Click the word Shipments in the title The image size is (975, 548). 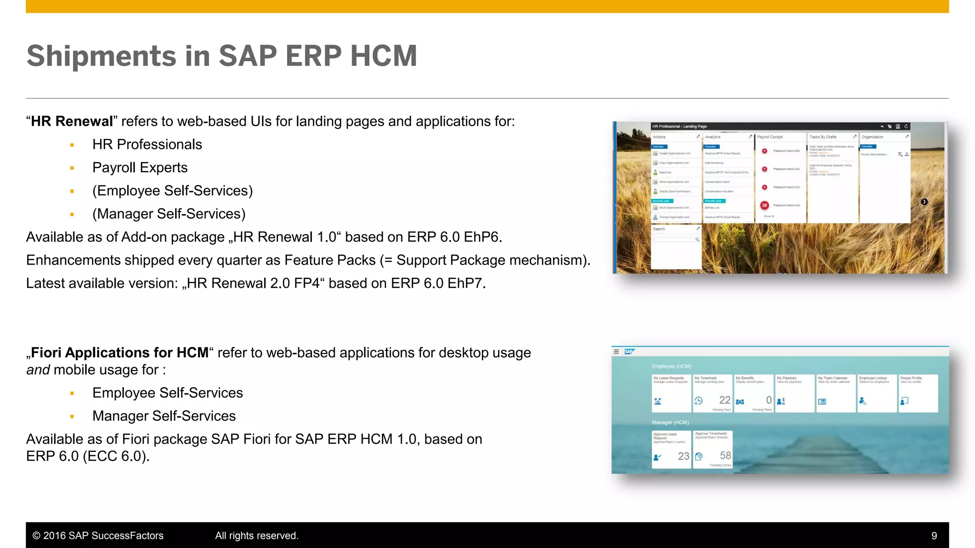pyautogui.click(x=101, y=56)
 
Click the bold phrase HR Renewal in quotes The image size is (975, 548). pyautogui.click(x=71, y=121)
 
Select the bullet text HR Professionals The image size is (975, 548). pyautogui.click(x=147, y=145)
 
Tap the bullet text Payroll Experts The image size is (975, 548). pyautogui.click(x=140, y=167)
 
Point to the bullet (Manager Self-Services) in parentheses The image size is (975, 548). pyautogui.click(x=169, y=214)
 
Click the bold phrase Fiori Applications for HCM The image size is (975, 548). pyautogui.click(x=119, y=353)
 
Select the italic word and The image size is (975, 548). pyautogui.click(x=38, y=370)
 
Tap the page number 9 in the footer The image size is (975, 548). pyautogui.click(x=934, y=536)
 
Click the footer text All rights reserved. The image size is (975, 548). pyautogui.click(x=257, y=536)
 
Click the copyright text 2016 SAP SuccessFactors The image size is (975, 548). pyautogui.click(x=103, y=536)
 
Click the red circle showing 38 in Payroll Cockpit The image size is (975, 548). pyautogui.click(x=764, y=205)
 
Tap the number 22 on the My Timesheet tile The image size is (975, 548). pyautogui.click(x=725, y=400)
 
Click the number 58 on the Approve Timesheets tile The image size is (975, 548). pyautogui.click(x=725, y=455)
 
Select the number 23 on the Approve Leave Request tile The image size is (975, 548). pyautogui.click(x=684, y=456)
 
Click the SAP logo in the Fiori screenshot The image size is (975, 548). pyautogui.click(x=629, y=352)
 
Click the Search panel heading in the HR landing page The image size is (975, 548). pyautogui.click(x=659, y=229)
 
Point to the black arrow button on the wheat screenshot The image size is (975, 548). pyautogui.click(x=924, y=202)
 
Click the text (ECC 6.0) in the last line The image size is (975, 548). pyautogui.click(x=116, y=457)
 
